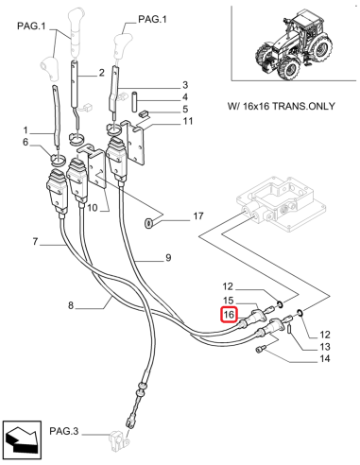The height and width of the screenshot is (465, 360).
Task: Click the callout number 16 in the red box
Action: click(x=228, y=315)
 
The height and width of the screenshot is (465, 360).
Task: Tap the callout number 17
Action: click(x=197, y=217)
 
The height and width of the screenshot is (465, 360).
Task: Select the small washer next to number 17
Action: click(x=150, y=224)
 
